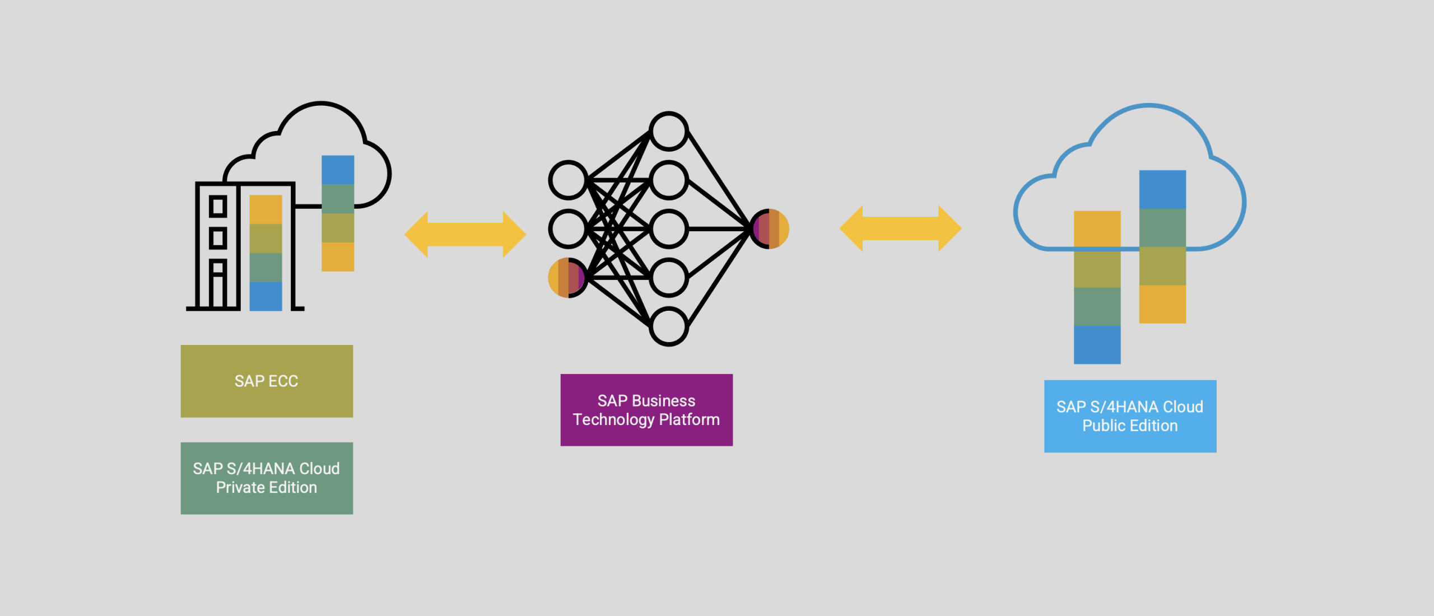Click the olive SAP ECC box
(267, 381)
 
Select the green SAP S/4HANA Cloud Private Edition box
(267, 478)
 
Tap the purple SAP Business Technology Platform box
(646, 410)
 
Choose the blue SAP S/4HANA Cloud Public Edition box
(1130, 416)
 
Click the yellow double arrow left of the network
(465, 234)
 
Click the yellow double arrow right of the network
(900, 228)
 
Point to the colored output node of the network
(770, 228)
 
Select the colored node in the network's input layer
(567, 278)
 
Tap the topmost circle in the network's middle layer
(668, 131)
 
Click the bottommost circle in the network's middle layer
(668, 326)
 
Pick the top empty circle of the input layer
(567, 180)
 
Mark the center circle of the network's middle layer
(668, 229)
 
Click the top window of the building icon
(218, 206)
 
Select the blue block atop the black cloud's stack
(338, 170)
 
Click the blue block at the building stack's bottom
(266, 296)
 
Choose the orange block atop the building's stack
(266, 209)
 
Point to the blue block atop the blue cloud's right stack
(1162, 189)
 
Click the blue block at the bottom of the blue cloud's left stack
(1097, 344)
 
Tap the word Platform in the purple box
(689, 419)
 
